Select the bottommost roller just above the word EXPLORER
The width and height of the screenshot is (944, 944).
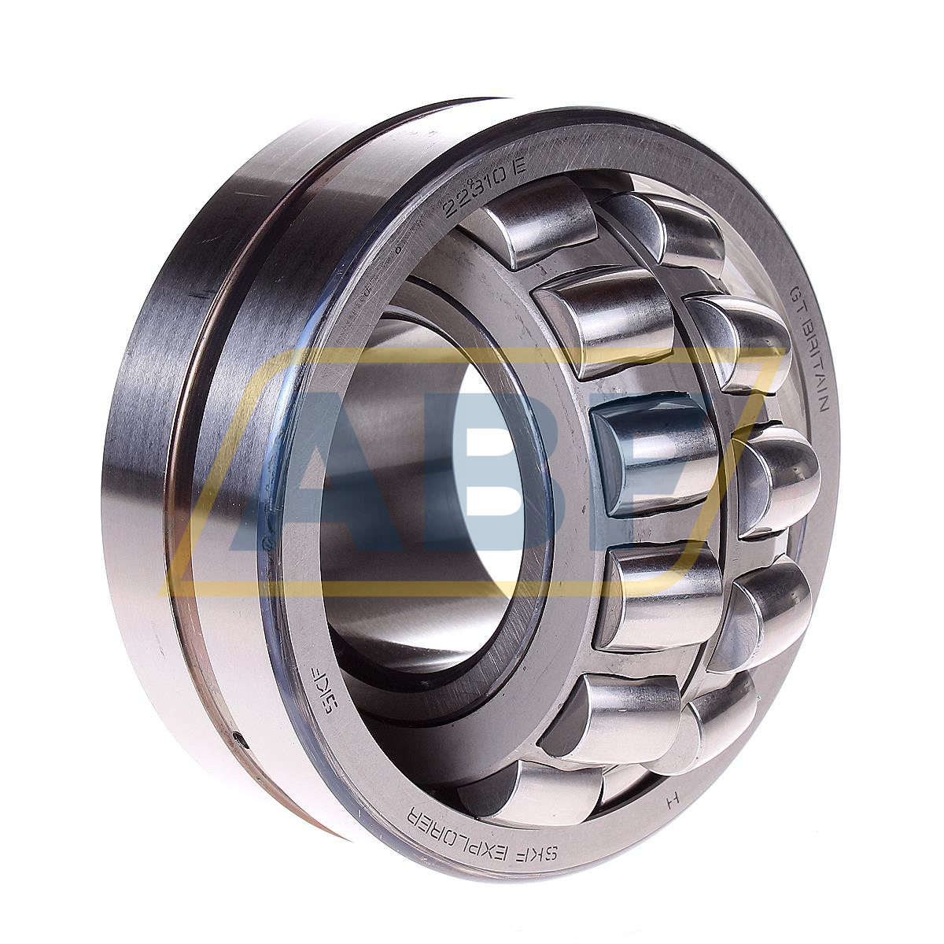pyautogui.click(x=543, y=791)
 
